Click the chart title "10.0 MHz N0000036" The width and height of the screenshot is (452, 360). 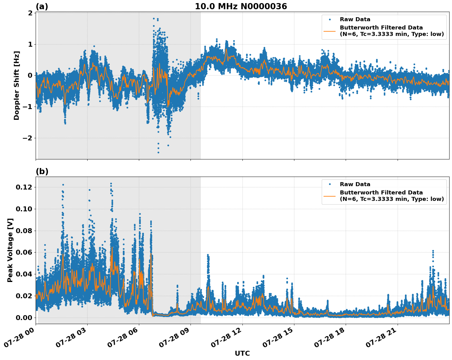pyautogui.click(x=241, y=6)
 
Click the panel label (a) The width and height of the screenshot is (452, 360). pyautogui.click(x=42, y=6)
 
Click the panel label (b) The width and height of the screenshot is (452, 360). pyautogui.click(x=42, y=171)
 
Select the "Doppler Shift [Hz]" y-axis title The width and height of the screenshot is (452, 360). pyautogui.click(x=17, y=85)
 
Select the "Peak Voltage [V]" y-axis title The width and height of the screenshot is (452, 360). pyautogui.click(x=10, y=250)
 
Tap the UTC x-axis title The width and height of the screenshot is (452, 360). pyautogui.click(x=242, y=353)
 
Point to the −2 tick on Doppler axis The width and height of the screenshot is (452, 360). pyautogui.click(x=27, y=138)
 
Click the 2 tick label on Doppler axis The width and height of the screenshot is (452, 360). pyautogui.click(x=30, y=13)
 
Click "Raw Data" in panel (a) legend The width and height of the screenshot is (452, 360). pyautogui.click(x=355, y=19)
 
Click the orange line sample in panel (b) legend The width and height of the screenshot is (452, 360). pyautogui.click(x=330, y=196)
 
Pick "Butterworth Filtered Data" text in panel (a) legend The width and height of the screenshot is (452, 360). pyautogui.click(x=381, y=28)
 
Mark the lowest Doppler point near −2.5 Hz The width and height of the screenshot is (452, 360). pyautogui.click(x=158, y=152)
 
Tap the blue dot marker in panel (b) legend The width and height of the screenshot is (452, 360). pyautogui.click(x=330, y=184)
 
